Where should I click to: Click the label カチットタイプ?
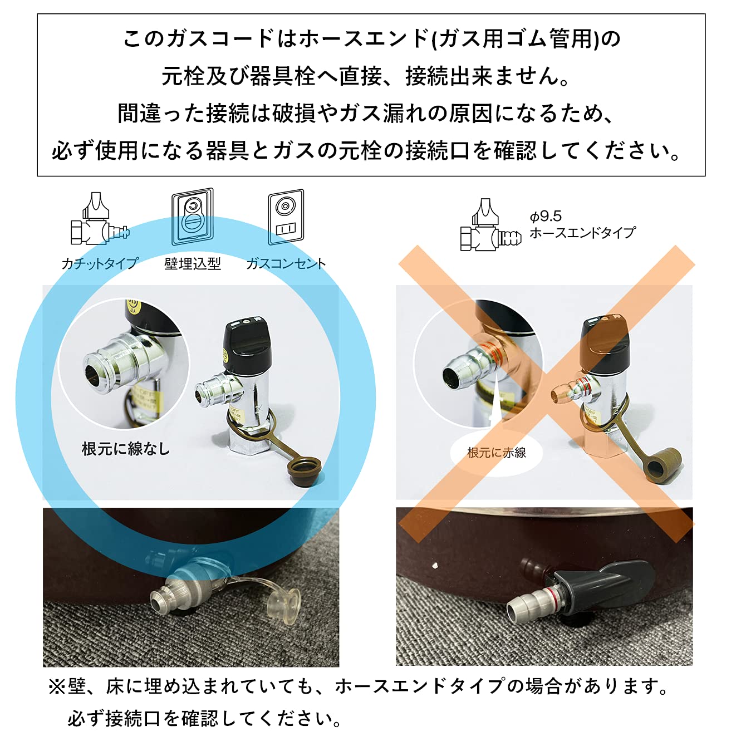100,263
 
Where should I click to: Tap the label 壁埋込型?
193,263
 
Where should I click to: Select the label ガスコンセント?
286,263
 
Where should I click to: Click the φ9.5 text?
546,216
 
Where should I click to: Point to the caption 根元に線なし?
125,449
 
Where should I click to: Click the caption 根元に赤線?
497,453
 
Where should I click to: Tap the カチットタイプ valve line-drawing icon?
99,220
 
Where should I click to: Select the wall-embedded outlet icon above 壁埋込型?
193,217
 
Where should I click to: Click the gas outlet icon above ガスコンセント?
286,217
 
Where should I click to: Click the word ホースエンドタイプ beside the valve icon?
582,233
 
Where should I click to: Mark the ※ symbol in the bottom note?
57,688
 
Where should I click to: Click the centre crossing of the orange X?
547,394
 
